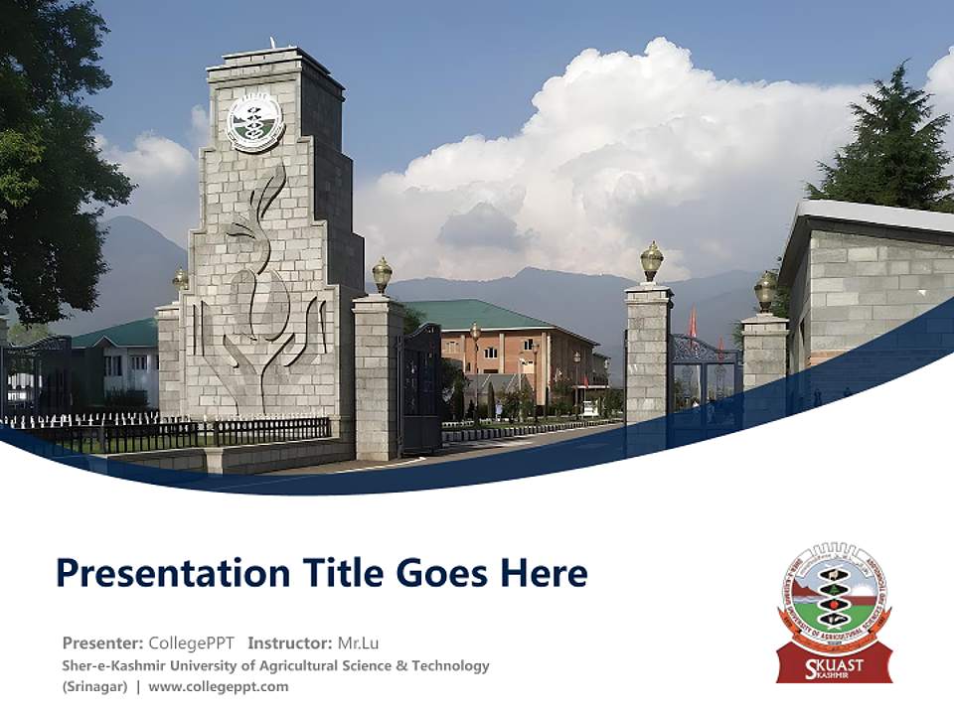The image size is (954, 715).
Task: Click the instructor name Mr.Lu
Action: point(358,643)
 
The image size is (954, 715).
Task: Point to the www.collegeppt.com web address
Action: point(219,686)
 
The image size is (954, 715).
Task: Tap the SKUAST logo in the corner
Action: point(834,611)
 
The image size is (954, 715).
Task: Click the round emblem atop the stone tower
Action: point(255,122)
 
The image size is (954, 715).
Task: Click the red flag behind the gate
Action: point(693,324)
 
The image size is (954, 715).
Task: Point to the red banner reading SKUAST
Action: point(834,662)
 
